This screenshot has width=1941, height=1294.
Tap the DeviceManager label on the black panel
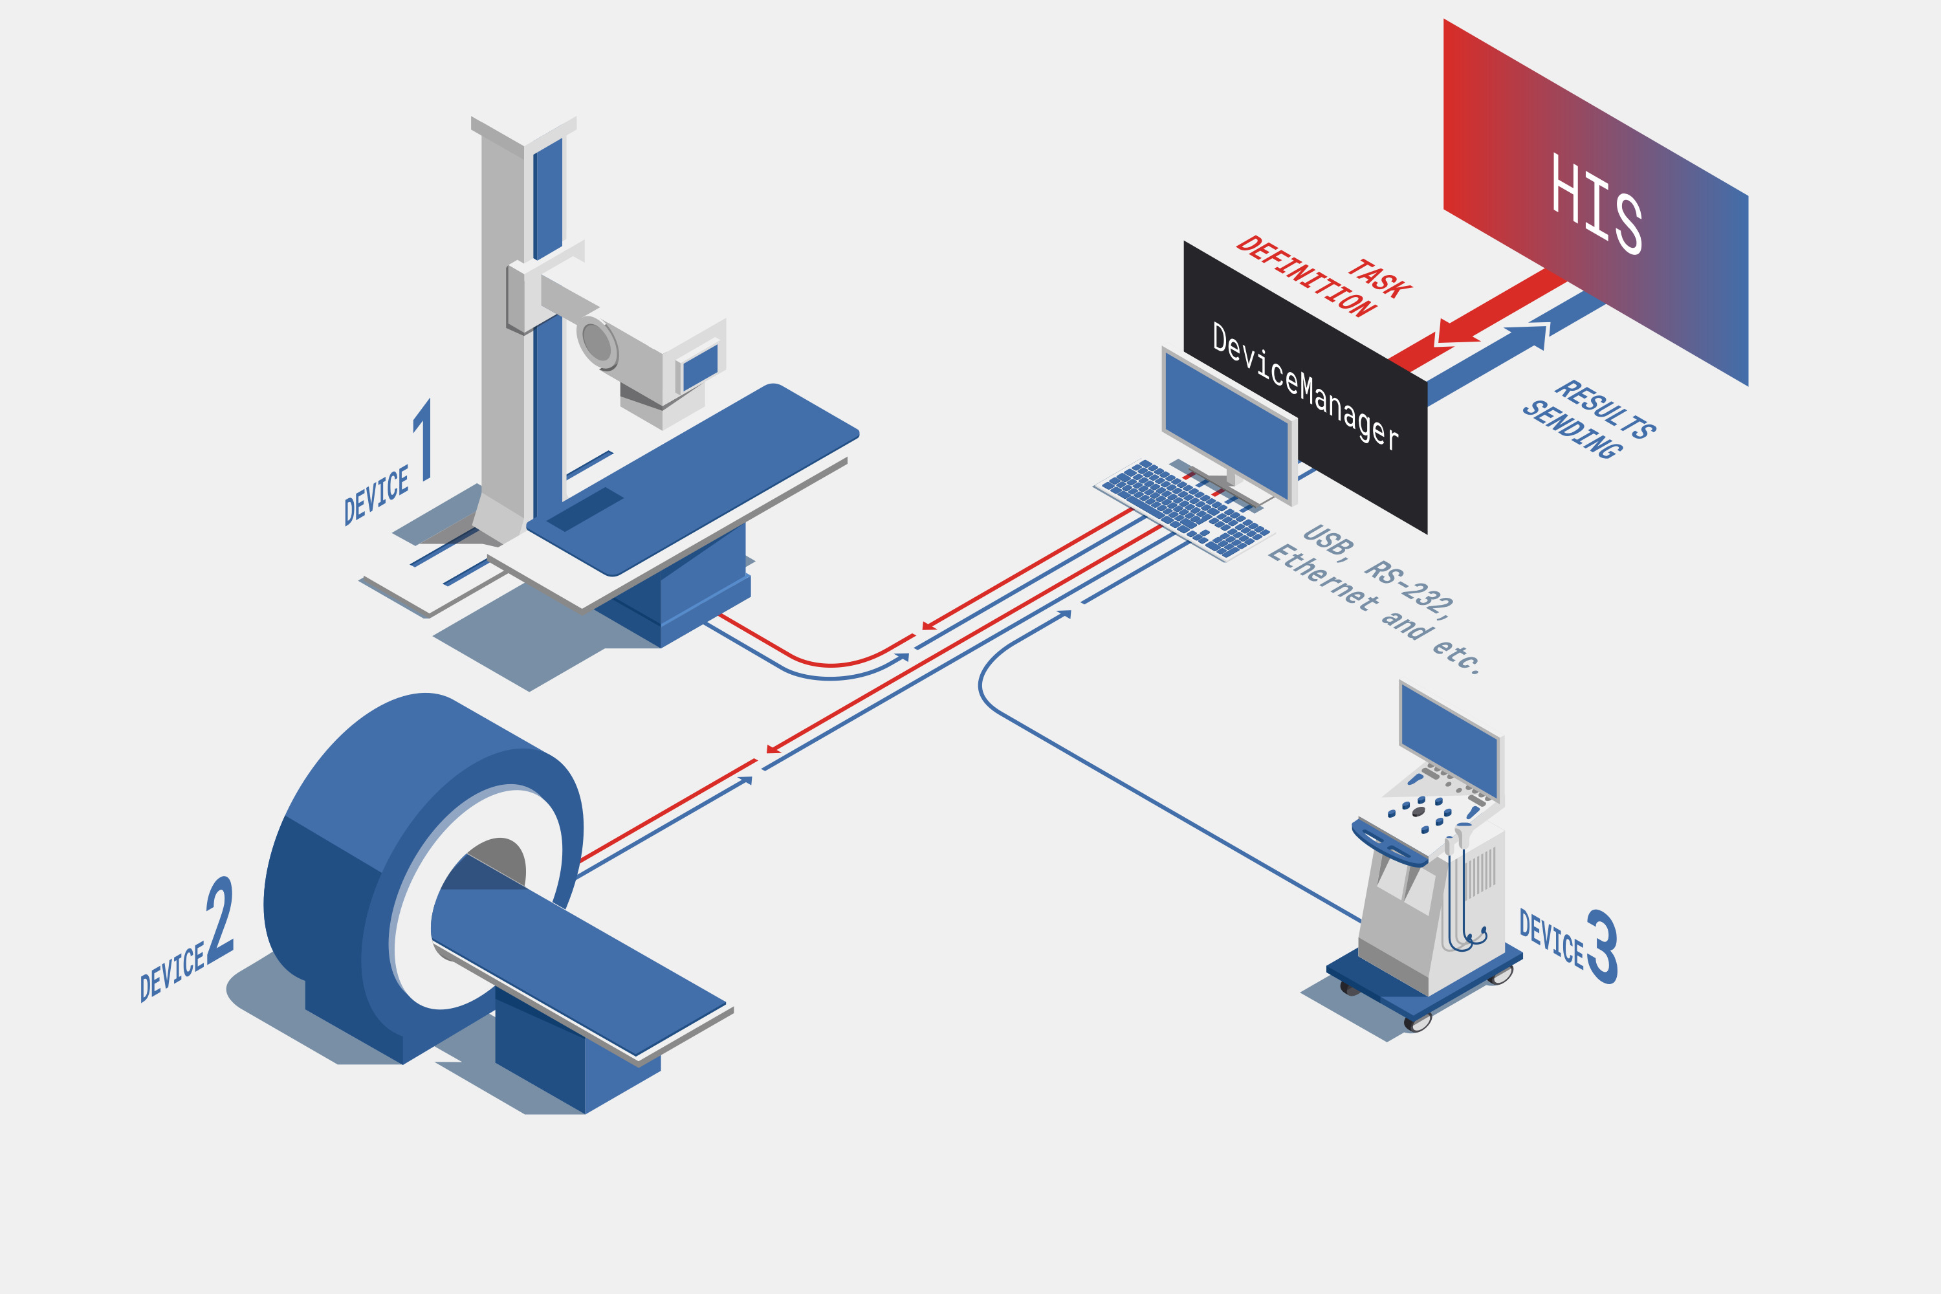coord(1305,386)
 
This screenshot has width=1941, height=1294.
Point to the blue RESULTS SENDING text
coord(1588,419)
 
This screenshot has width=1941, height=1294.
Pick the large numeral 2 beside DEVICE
coord(219,919)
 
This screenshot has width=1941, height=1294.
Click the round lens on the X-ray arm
coord(596,342)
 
